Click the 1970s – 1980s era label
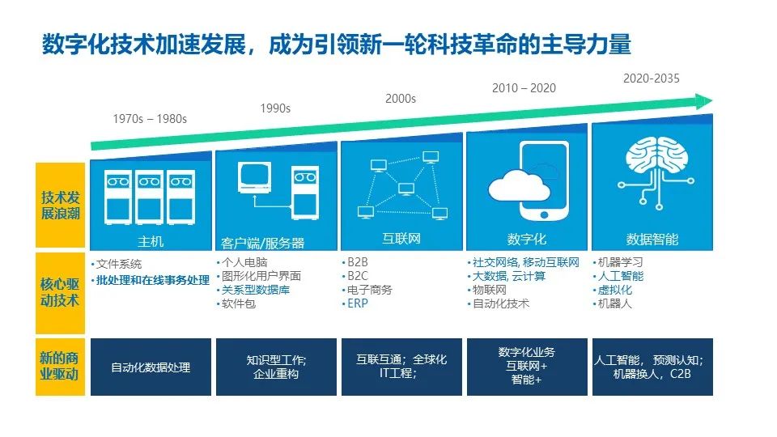pos(150,118)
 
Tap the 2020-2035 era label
pos(651,78)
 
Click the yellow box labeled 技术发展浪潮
pos(60,206)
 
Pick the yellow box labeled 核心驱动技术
pos(60,293)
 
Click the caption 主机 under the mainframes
pos(151,240)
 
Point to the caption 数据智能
pos(652,240)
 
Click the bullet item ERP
pos(358,303)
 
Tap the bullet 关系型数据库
pos(256,290)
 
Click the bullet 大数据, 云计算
pos(509,276)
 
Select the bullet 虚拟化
pos(614,290)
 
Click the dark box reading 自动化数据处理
pos(151,367)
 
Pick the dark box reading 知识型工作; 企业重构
pos(276,367)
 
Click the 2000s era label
pos(400,99)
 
